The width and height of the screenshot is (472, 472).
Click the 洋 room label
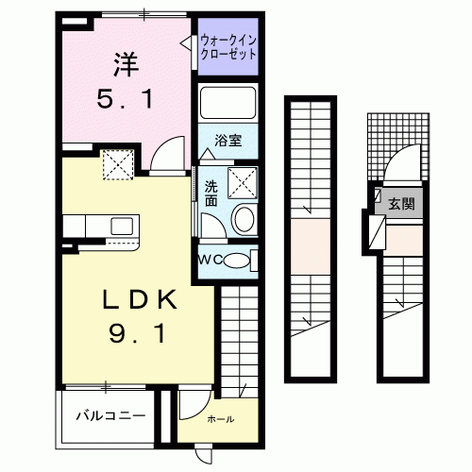coord(126,64)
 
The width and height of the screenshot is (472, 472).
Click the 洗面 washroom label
coord(211,194)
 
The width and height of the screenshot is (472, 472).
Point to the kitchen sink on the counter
coord(121,226)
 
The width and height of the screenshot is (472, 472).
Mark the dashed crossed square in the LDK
coord(119,167)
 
